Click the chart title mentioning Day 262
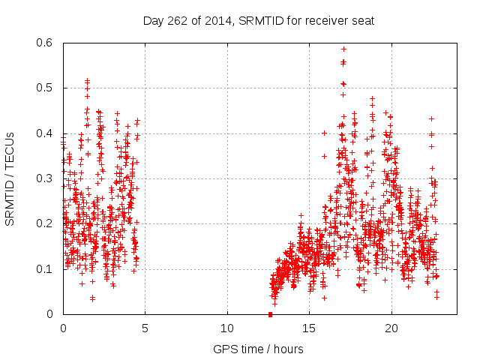point(259,20)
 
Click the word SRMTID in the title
point(259,20)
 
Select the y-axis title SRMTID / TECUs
point(10,178)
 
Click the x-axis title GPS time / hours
point(259,349)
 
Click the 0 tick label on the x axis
point(63,328)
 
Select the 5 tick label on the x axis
point(145,328)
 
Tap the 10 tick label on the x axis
point(227,328)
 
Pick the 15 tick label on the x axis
point(309,328)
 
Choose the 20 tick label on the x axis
point(391,328)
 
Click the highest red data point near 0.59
point(343,49)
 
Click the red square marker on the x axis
point(270,313)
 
